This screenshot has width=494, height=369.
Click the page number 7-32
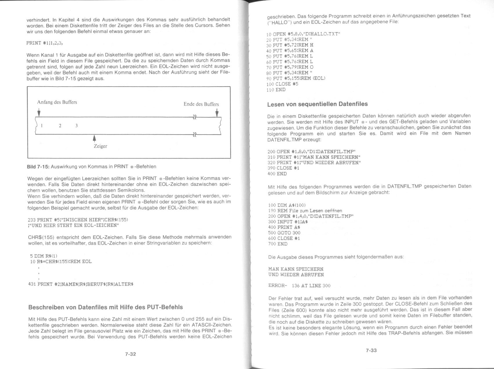tap(130, 354)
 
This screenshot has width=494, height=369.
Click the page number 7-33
tap(371, 350)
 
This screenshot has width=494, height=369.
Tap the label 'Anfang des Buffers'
tap(57, 102)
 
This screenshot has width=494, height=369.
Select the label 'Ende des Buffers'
tap(201, 104)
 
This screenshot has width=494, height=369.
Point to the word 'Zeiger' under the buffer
tap(100, 146)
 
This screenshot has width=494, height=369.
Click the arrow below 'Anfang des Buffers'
tap(39, 112)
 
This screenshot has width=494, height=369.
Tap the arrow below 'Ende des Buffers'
tap(217, 112)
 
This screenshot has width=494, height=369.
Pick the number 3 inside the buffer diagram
tap(76, 126)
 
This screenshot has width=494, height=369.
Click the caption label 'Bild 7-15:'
tap(38, 167)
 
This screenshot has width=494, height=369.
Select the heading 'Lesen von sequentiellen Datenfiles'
tap(317, 104)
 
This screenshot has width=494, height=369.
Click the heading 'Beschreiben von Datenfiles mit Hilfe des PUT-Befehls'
tap(105, 307)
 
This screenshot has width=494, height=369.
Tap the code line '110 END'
tap(276, 90)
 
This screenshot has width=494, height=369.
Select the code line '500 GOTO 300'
tap(284, 233)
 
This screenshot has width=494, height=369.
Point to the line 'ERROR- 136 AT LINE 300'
tap(299, 286)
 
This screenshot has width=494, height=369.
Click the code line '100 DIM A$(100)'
tap(287, 205)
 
